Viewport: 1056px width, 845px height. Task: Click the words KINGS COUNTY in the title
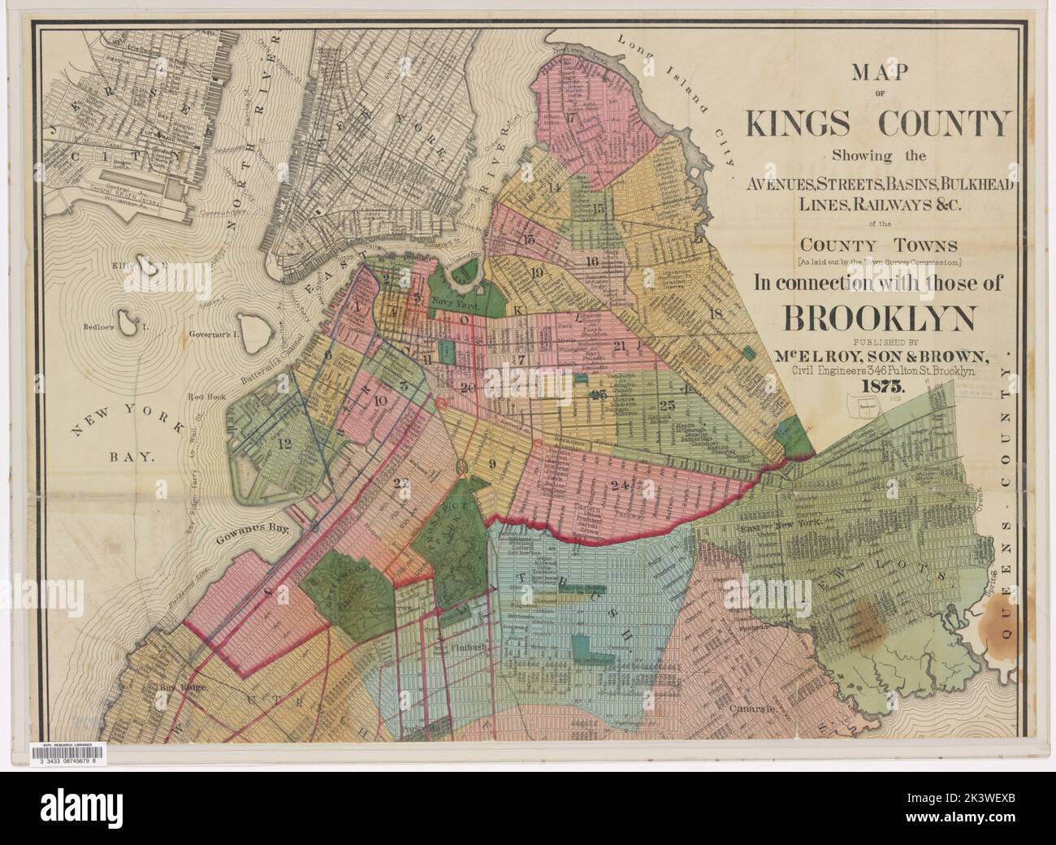click(x=878, y=123)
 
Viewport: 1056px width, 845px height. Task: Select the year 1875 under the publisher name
click(x=878, y=387)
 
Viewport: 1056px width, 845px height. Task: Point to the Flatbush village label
click(x=469, y=649)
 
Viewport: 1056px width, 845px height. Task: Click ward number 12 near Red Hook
click(x=283, y=444)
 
